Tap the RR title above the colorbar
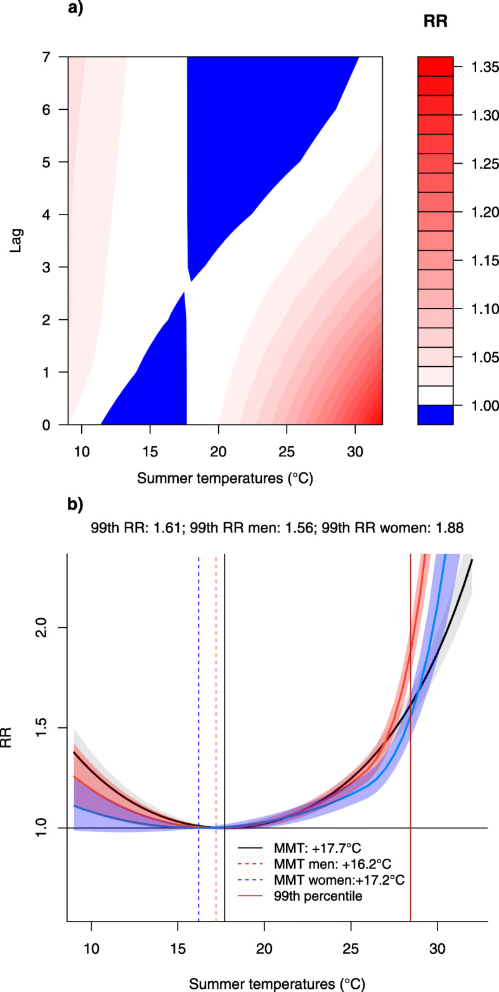[x=435, y=21]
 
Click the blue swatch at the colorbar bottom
[x=435, y=414]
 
